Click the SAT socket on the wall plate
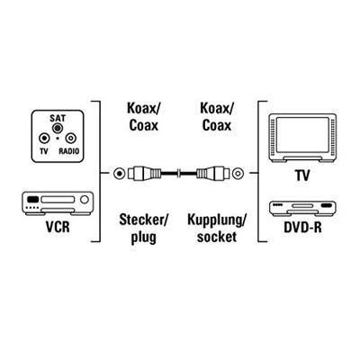[x=57, y=128]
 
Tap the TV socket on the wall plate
[x=44, y=139]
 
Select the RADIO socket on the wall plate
[x=71, y=139]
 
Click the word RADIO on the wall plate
[x=69, y=151]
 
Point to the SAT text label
[x=58, y=118]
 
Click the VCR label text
[x=58, y=227]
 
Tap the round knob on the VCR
[x=85, y=200]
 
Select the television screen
[x=302, y=135]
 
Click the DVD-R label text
[x=302, y=228]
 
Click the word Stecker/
[x=143, y=220]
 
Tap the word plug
[x=143, y=238]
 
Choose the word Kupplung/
[x=217, y=220]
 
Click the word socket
[x=217, y=237]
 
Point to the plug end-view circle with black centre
[x=120, y=173]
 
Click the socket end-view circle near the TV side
[x=238, y=173]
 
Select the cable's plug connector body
[x=145, y=173]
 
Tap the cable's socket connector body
[x=212, y=173]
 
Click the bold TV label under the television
[x=302, y=175]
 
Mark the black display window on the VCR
[x=33, y=199]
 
